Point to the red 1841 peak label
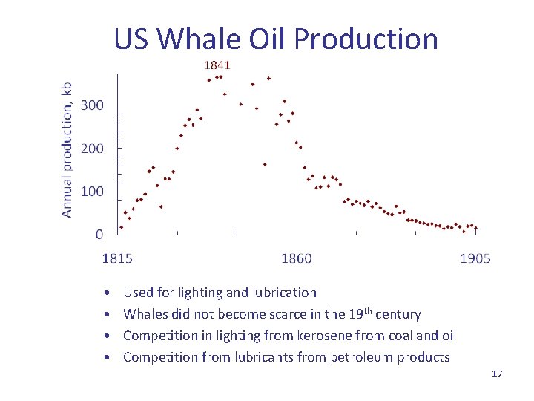[x=217, y=65]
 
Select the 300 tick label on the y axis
[x=92, y=105]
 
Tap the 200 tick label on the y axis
[x=92, y=149]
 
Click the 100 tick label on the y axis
[x=92, y=192]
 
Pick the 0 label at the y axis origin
[x=99, y=235]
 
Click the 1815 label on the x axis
[x=117, y=258]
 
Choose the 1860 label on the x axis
[x=296, y=258]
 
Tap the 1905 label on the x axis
[x=475, y=258]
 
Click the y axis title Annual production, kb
[x=67, y=149]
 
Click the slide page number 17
[x=497, y=374]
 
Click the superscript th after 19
[x=369, y=310]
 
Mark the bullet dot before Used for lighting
[x=108, y=293]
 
